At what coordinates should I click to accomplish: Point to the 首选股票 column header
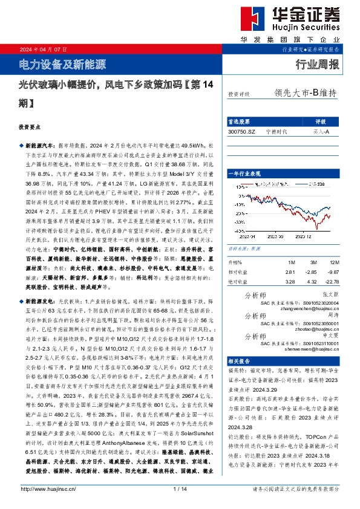point(243,121)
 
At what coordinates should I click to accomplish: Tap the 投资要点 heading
point(29,128)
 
